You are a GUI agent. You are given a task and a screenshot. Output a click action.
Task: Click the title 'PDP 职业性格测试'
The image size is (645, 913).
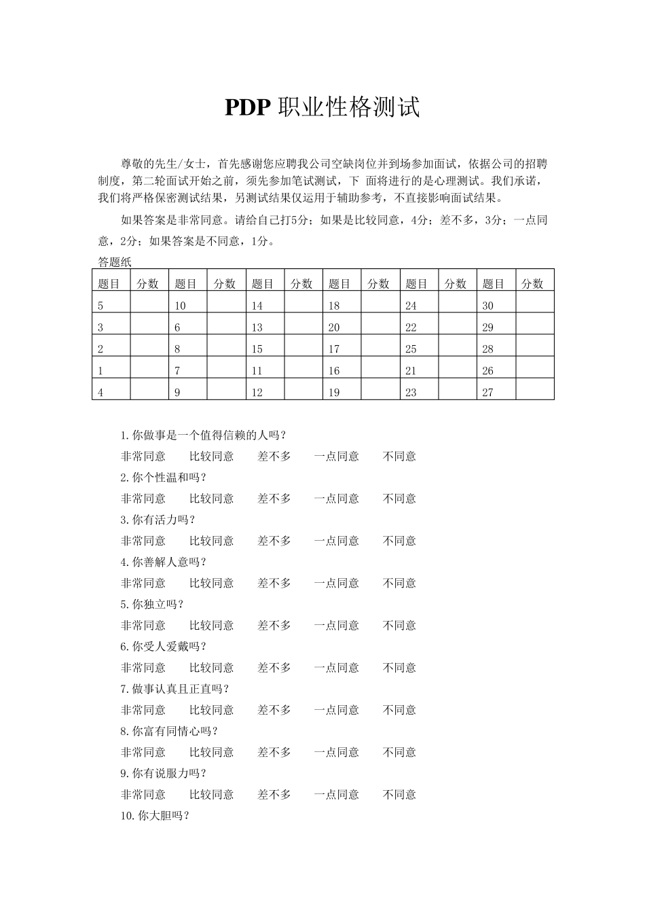pyautogui.click(x=322, y=107)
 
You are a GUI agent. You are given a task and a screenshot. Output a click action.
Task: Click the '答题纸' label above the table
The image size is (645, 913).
pyautogui.click(x=115, y=262)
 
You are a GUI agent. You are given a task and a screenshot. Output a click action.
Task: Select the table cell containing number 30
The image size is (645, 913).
pyautogui.click(x=496, y=305)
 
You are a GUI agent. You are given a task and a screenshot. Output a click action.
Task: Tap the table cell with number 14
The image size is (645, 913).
pyautogui.click(x=265, y=305)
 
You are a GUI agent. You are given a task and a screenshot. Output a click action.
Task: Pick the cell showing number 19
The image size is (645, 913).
pyautogui.click(x=342, y=392)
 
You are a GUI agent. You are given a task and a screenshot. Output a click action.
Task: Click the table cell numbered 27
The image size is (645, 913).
pyautogui.click(x=496, y=392)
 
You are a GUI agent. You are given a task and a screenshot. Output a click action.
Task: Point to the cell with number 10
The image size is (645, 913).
pyautogui.click(x=188, y=305)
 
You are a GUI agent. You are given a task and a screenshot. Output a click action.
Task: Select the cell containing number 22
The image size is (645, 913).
pyautogui.click(x=419, y=327)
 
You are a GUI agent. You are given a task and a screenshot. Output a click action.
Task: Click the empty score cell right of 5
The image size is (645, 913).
pyautogui.click(x=149, y=305)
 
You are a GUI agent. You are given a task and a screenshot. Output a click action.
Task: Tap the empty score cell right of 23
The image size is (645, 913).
pyautogui.click(x=458, y=392)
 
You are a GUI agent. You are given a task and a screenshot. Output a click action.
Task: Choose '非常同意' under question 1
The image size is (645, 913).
pyautogui.click(x=143, y=456)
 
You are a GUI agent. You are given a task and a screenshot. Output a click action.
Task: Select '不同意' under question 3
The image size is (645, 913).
pyautogui.click(x=399, y=541)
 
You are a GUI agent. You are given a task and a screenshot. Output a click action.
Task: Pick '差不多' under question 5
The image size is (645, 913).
pyautogui.click(x=274, y=626)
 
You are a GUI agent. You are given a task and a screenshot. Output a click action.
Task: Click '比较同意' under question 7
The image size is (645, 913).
pyautogui.click(x=211, y=710)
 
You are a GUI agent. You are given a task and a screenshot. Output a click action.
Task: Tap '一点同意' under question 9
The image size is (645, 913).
pyautogui.click(x=336, y=795)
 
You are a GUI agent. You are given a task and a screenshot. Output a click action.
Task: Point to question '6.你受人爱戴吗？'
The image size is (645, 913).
pyautogui.click(x=164, y=647)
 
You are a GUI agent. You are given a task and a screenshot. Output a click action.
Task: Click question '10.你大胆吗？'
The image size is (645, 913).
pyautogui.click(x=155, y=816)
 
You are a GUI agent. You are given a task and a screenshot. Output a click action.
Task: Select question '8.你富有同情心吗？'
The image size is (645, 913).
pyautogui.click(x=169, y=732)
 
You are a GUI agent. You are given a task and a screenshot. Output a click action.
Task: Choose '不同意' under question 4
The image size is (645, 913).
pyautogui.click(x=399, y=584)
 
